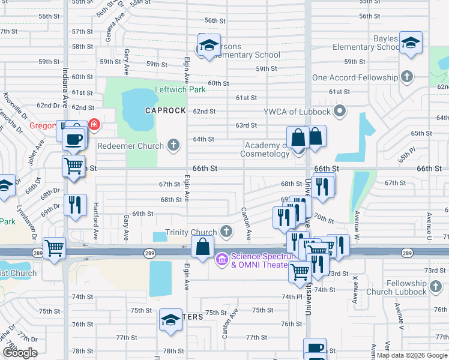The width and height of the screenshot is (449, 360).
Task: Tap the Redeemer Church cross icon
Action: pyautogui.click(x=173, y=145)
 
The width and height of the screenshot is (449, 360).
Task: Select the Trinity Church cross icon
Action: pyautogui.click(x=226, y=232)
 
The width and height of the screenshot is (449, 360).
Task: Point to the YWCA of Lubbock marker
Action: pyautogui.click(x=340, y=111)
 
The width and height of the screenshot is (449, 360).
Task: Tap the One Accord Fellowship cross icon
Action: pyautogui.click(x=408, y=77)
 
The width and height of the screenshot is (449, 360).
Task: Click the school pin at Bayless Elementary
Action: pyautogui.click(x=411, y=43)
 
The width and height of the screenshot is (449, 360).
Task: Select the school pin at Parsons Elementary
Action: pyautogui.click(x=209, y=45)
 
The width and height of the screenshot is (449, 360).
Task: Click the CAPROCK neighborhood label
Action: pyautogui.click(x=163, y=111)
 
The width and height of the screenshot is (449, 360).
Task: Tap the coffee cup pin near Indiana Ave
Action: pyautogui.click(x=74, y=139)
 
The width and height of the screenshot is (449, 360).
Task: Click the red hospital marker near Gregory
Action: pyautogui.click(x=94, y=125)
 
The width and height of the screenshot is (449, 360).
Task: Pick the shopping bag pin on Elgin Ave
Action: pyautogui.click(x=203, y=247)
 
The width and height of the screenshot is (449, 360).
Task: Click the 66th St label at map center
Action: pyautogui.click(x=205, y=170)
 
